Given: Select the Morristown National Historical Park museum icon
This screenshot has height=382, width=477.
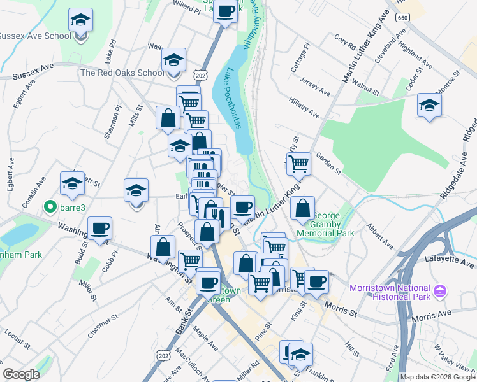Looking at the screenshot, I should click(438, 292).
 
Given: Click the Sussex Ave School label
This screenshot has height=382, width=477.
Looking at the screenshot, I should click(35, 36).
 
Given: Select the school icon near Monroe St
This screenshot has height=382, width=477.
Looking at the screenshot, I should click(429, 105).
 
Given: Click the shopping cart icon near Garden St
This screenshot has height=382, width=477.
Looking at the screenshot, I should click(298, 164).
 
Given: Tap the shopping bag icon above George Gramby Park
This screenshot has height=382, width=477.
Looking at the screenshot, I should click(303, 208).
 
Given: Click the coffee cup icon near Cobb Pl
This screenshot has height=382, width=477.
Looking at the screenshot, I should click(99, 228).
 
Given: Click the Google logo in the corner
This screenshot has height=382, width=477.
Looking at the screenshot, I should click(21, 374).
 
